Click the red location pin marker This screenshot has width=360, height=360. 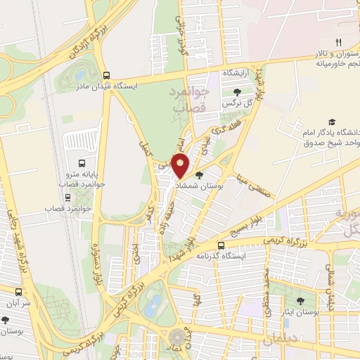(181, 166)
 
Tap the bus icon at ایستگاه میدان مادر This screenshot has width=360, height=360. (106, 75)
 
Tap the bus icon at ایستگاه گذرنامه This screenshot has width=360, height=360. (221, 246)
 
